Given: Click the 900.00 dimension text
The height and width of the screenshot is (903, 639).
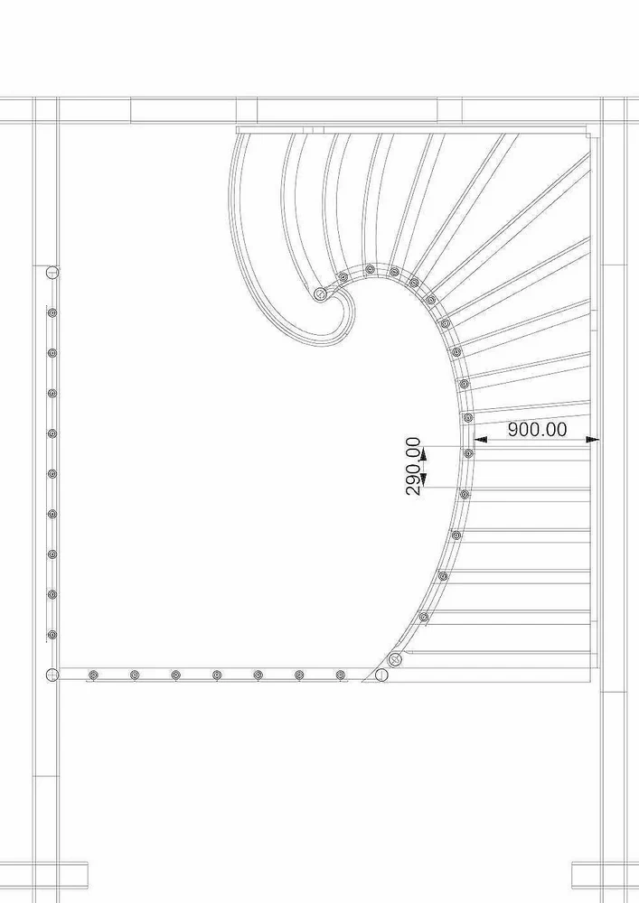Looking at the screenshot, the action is (x=537, y=430).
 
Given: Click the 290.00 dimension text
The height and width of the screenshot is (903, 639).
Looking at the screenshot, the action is (x=414, y=467).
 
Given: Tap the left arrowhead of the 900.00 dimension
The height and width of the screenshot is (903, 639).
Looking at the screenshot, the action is (x=480, y=440).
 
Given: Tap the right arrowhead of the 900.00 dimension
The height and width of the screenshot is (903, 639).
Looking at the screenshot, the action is (x=592, y=440).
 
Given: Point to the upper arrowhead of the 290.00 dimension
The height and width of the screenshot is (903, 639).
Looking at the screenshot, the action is (x=423, y=455).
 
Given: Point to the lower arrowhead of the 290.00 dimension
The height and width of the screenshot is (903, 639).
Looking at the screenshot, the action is (x=423, y=478).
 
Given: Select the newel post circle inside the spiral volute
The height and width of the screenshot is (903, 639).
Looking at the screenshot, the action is (x=320, y=294).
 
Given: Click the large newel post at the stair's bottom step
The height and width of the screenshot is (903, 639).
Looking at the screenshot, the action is (x=395, y=660).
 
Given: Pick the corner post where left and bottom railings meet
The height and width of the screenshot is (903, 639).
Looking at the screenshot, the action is (x=52, y=675).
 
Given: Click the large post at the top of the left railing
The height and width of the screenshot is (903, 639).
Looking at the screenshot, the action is (x=52, y=272).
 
